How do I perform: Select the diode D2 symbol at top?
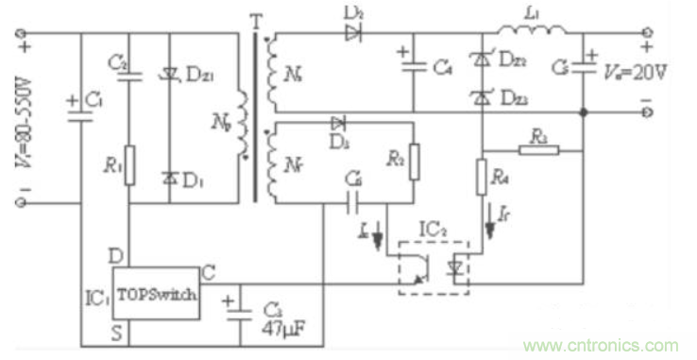[353, 35]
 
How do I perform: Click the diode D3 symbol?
[338, 124]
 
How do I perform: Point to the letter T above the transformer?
[253, 19]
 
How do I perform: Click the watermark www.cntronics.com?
[604, 345]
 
